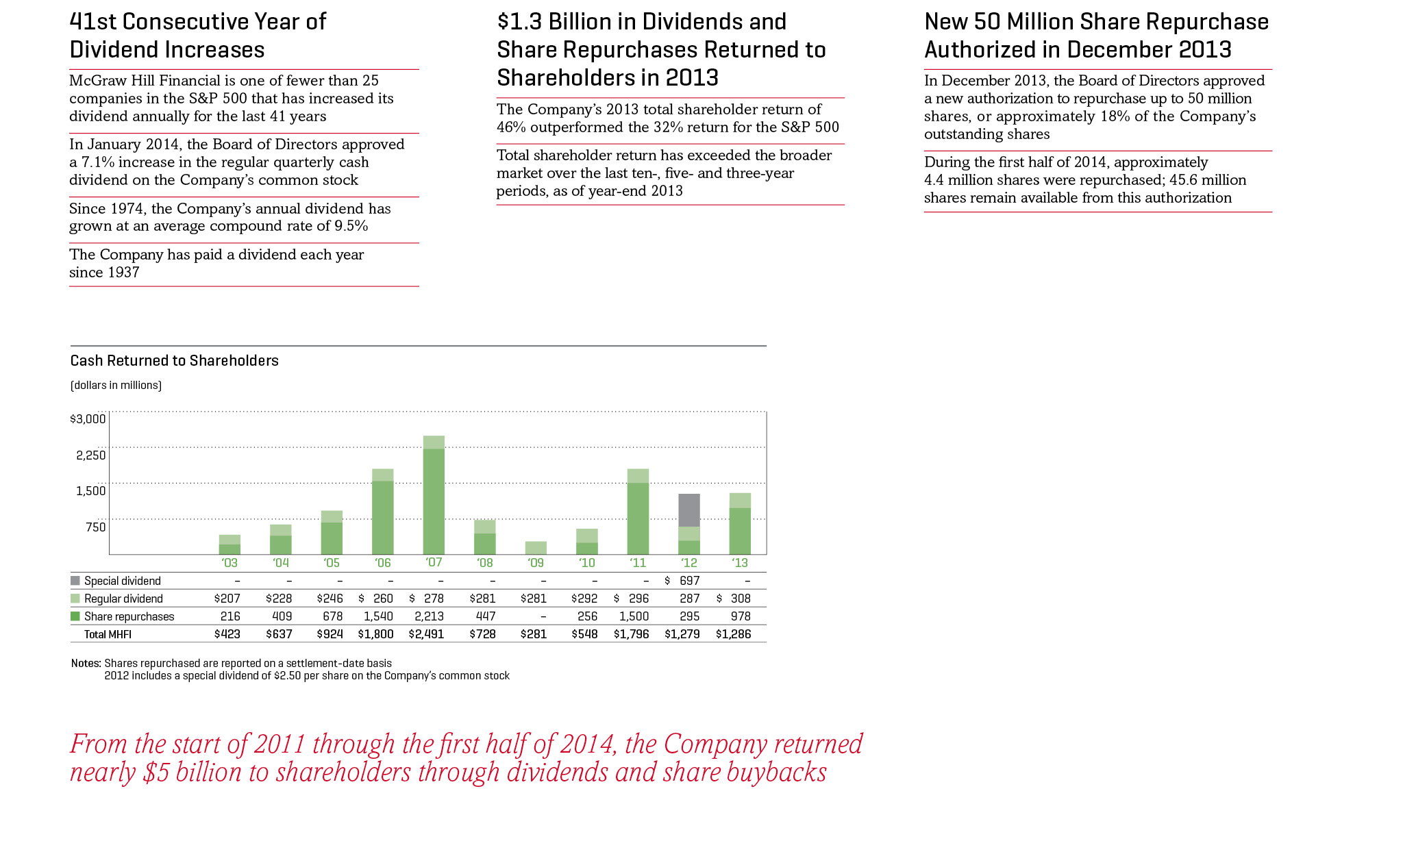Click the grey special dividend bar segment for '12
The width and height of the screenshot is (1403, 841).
click(689, 510)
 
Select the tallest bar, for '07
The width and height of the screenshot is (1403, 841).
click(434, 495)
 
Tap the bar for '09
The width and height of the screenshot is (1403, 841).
click(536, 548)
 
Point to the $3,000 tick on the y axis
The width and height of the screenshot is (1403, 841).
click(88, 419)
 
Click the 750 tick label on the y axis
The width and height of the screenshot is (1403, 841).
click(95, 527)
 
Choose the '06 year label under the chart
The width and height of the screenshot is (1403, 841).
click(383, 563)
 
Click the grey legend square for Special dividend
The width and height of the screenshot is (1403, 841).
click(75, 581)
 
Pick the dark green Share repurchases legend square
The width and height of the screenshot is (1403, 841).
click(75, 616)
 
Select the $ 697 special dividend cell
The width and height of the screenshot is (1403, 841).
click(682, 581)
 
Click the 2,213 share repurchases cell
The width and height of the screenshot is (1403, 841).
click(429, 616)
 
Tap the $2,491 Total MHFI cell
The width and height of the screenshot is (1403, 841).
click(426, 634)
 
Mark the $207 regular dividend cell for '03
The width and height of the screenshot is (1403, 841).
click(227, 599)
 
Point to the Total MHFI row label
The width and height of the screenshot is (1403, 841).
click(108, 634)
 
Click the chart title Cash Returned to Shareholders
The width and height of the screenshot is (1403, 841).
click(175, 361)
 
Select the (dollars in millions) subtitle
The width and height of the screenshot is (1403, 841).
click(116, 386)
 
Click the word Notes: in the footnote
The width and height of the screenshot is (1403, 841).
click(86, 663)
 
